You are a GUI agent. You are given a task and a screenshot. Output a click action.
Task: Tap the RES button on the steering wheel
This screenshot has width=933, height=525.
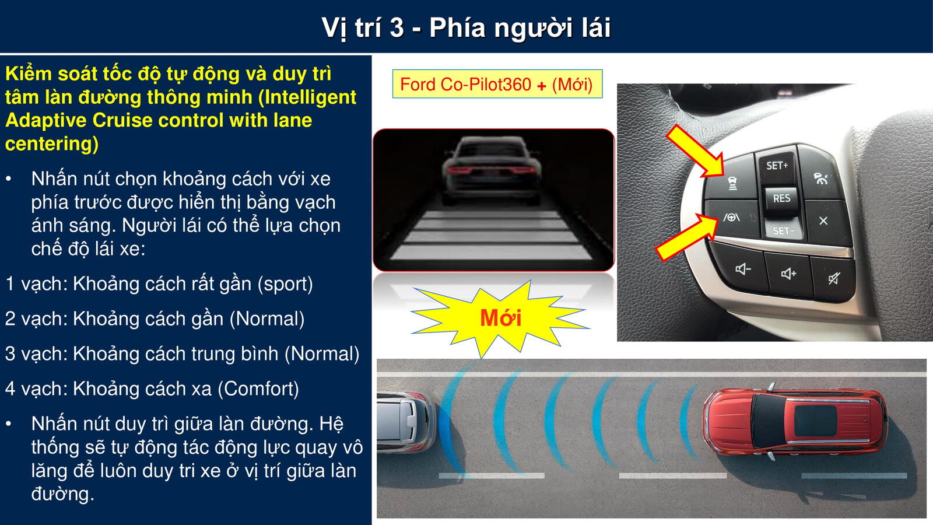tap(781, 198)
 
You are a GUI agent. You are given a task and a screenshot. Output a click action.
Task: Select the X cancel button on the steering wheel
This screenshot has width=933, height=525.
tap(825, 221)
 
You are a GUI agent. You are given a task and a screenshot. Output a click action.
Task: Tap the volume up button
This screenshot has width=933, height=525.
tap(788, 274)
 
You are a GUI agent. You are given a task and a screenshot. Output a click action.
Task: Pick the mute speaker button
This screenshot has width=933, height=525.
tap(834, 278)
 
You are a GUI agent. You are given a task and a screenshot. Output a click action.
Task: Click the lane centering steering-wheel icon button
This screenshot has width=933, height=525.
tap(732, 218)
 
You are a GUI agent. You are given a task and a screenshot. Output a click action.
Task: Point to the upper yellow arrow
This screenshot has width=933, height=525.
tap(695, 151)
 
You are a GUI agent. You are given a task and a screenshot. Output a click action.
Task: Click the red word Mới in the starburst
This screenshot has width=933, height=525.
tap(501, 318)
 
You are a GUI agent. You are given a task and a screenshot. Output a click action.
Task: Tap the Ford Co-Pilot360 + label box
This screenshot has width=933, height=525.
tap(497, 84)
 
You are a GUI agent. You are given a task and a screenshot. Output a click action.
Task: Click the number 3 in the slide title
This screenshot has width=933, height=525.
tap(397, 27)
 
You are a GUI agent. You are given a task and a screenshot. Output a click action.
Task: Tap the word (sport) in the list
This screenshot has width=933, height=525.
tap(285, 284)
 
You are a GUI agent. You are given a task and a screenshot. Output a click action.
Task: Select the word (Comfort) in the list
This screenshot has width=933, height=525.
tap(259, 388)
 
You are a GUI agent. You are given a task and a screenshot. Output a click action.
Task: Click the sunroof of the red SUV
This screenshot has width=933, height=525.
tap(815, 421)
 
